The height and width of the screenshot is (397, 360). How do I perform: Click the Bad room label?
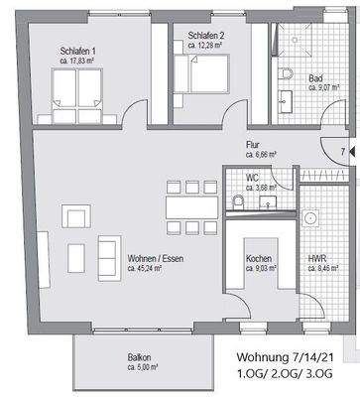(315, 78)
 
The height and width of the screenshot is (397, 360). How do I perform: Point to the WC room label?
(255, 179)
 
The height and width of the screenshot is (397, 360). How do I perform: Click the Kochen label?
(260, 257)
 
